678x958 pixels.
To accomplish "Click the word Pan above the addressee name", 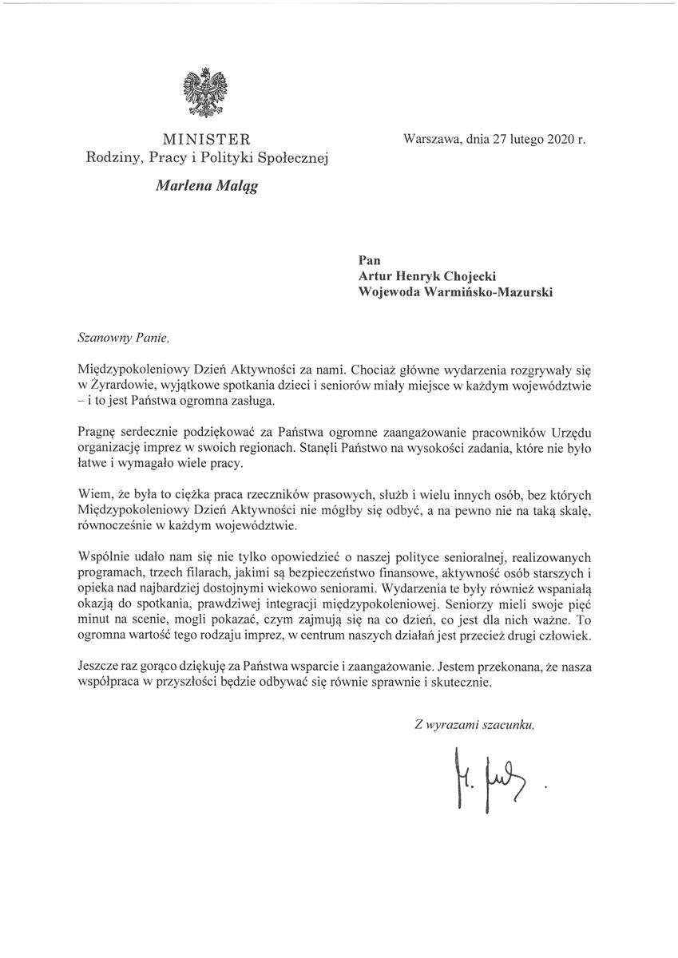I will coord(371,259).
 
